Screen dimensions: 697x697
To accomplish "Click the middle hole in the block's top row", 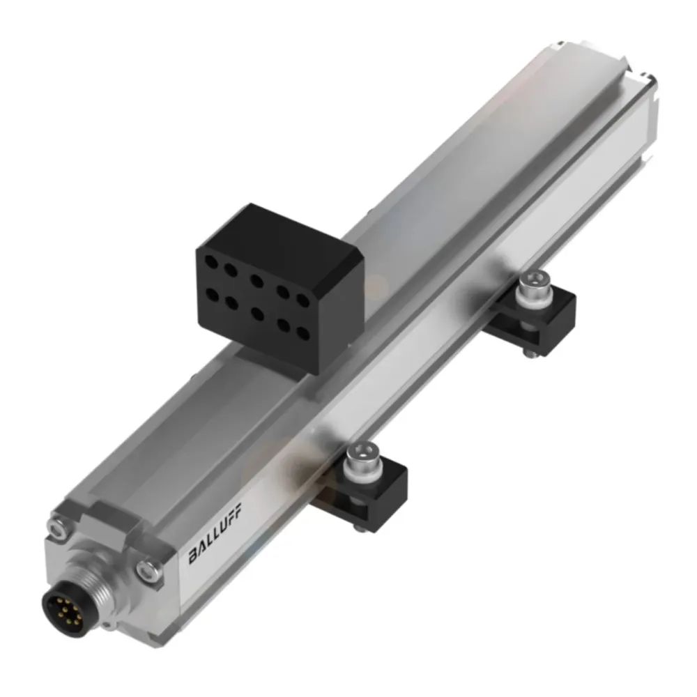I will (x=257, y=281).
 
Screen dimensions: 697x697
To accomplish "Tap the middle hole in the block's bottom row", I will (x=258, y=314).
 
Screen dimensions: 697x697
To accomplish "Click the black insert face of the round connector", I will (x=61, y=613).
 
